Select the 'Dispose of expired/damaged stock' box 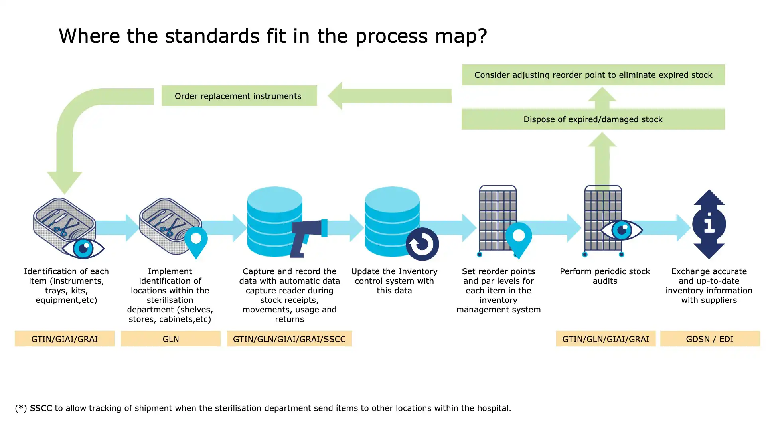click(x=593, y=119)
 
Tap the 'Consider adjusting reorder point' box click(x=593, y=75)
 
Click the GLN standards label click(x=170, y=339)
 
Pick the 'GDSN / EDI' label click(x=709, y=339)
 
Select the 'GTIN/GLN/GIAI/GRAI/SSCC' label click(x=289, y=339)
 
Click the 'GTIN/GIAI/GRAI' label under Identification click(x=64, y=339)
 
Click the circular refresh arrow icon click(x=422, y=244)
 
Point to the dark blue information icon click(x=709, y=224)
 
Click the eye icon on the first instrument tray click(x=83, y=248)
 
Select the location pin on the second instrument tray click(x=196, y=241)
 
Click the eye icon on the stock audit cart click(x=621, y=230)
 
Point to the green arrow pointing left click(x=389, y=96)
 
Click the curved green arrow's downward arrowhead click(x=65, y=182)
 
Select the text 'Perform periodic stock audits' click(x=605, y=276)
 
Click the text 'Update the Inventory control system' click(x=394, y=276)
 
